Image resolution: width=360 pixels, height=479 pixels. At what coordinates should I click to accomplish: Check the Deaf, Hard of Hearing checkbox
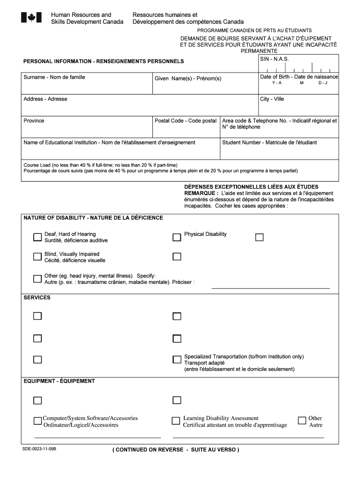tap(37, 237)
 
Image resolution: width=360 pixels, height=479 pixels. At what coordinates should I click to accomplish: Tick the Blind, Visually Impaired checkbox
tap(37, 256)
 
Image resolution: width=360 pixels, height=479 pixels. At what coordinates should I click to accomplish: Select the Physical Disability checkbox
tap(177, 237)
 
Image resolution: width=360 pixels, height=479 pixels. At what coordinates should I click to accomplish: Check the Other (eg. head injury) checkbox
tap(37, 279)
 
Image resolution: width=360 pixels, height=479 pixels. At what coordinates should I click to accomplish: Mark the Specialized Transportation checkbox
tap(177, 360)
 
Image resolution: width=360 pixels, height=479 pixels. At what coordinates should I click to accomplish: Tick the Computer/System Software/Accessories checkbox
tap(37, 421)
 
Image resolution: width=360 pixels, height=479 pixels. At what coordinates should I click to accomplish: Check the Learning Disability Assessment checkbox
tap(176, 421)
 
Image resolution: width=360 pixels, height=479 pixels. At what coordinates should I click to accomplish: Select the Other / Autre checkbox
tap(302, 420)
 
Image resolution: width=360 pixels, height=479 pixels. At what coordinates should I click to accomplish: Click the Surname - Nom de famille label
tap(54, 77)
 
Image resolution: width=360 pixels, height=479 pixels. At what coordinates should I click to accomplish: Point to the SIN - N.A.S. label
tap(274, 59)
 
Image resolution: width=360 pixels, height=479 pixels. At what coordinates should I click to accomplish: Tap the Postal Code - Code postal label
tap(186, 121)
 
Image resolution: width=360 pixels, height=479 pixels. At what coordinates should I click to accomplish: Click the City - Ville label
tap(272, 99)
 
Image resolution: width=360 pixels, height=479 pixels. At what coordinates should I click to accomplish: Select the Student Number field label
tap(269, 142)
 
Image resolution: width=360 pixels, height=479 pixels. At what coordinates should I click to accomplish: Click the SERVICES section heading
tap(37, 298)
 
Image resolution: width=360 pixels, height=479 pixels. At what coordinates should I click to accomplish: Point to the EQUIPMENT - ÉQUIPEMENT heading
tap(59, 381)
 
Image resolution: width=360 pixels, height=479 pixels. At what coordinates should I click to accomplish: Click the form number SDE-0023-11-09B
tap(39, 449)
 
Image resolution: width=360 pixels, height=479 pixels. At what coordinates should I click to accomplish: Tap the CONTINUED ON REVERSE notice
tap(175, 450)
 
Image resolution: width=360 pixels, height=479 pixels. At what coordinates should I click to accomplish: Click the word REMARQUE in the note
tap(201, 193)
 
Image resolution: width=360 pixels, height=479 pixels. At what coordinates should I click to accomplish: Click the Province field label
tap(34, 121)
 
